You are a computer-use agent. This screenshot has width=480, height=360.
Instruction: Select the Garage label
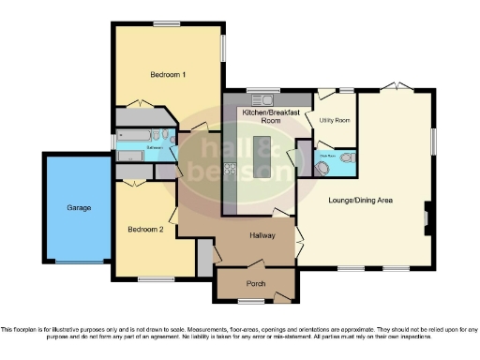[78, 207]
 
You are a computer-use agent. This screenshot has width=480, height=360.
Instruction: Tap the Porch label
[256, 283]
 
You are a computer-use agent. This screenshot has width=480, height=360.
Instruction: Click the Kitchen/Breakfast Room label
[271, 116]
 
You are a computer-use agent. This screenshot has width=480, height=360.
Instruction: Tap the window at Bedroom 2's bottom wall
[150, 277]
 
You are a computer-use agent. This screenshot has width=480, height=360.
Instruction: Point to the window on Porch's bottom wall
[250, 300]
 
